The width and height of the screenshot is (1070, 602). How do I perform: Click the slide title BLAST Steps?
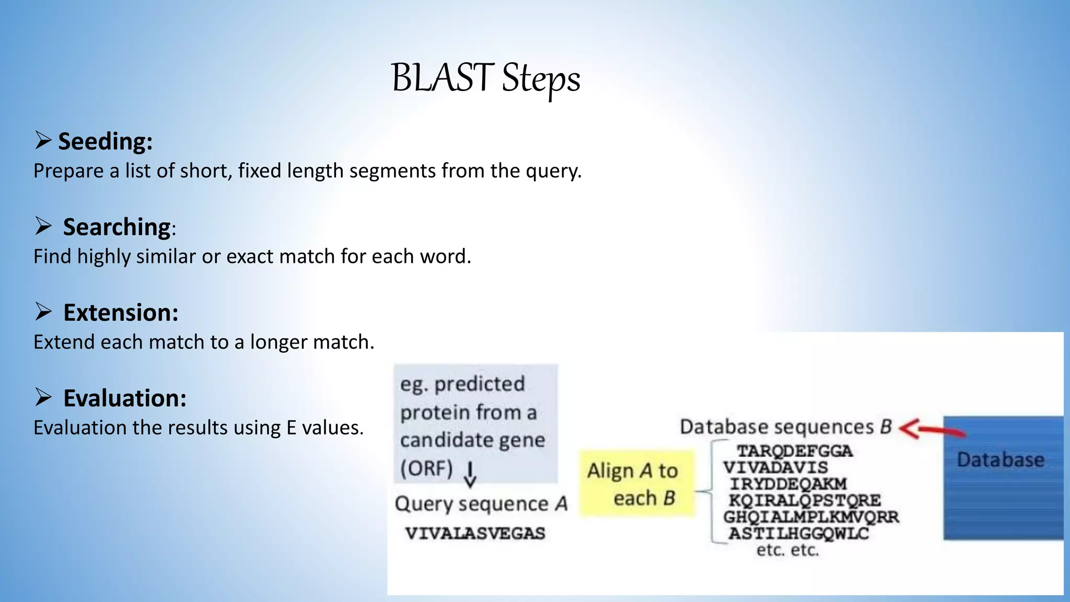[485, 78]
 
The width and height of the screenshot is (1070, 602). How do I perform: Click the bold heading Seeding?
[105, 141]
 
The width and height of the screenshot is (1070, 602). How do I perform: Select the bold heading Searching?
[117, 227]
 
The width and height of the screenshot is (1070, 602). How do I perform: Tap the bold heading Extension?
[121, 312]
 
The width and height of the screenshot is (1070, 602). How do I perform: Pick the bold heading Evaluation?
[124, 398]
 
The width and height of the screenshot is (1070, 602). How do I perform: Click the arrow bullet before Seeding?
[43, 140]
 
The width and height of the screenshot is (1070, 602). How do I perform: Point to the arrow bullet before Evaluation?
[43, 397]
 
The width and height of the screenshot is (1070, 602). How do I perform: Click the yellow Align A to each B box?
[637, 484]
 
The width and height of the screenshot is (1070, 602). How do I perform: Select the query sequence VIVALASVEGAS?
[475, 534]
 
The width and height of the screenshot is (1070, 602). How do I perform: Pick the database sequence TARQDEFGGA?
[794, 451]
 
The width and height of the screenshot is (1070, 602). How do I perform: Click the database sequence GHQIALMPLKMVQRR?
[810, 517]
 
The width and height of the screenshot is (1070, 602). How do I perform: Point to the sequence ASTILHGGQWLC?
[798, 534]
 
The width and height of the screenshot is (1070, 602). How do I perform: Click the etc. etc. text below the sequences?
[787, 550]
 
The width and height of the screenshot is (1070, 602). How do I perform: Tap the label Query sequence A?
[481, 504]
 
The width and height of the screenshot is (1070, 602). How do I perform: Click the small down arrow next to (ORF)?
[470, 474]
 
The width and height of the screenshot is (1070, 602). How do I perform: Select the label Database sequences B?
[785, 427]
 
